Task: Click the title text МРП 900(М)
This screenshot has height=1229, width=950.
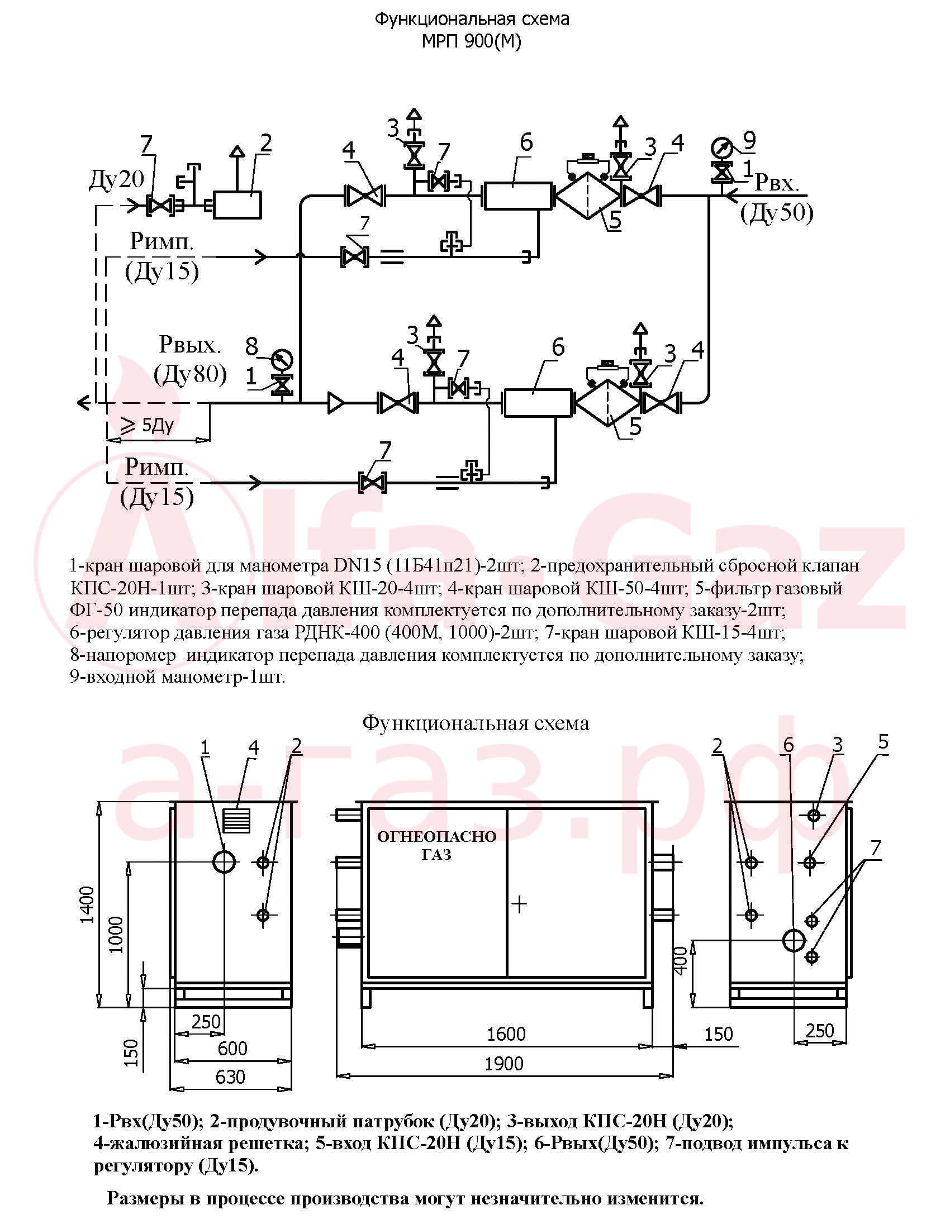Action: (x=472, y=42)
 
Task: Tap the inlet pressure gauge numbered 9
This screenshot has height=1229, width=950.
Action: (x=721, y=149)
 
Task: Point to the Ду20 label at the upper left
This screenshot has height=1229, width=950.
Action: (x=116, y=179)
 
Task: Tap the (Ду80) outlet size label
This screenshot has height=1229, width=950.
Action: (x=191, y=374)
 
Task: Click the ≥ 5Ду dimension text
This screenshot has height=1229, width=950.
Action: (x=148, y=425)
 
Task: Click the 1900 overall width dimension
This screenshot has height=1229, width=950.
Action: (x=504, y=1064)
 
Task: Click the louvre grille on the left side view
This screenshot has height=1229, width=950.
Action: (x=236, y=821)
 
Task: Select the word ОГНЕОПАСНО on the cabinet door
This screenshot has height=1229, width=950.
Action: (x=437, y=837)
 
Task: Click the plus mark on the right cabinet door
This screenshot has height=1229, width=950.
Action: (x=519, y=904)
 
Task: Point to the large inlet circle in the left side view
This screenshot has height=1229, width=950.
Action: (x=225, y=861)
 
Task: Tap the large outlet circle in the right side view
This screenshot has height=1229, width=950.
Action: (x=794, y=940)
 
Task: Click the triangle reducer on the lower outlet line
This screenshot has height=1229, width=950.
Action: (x=335, y=403)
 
